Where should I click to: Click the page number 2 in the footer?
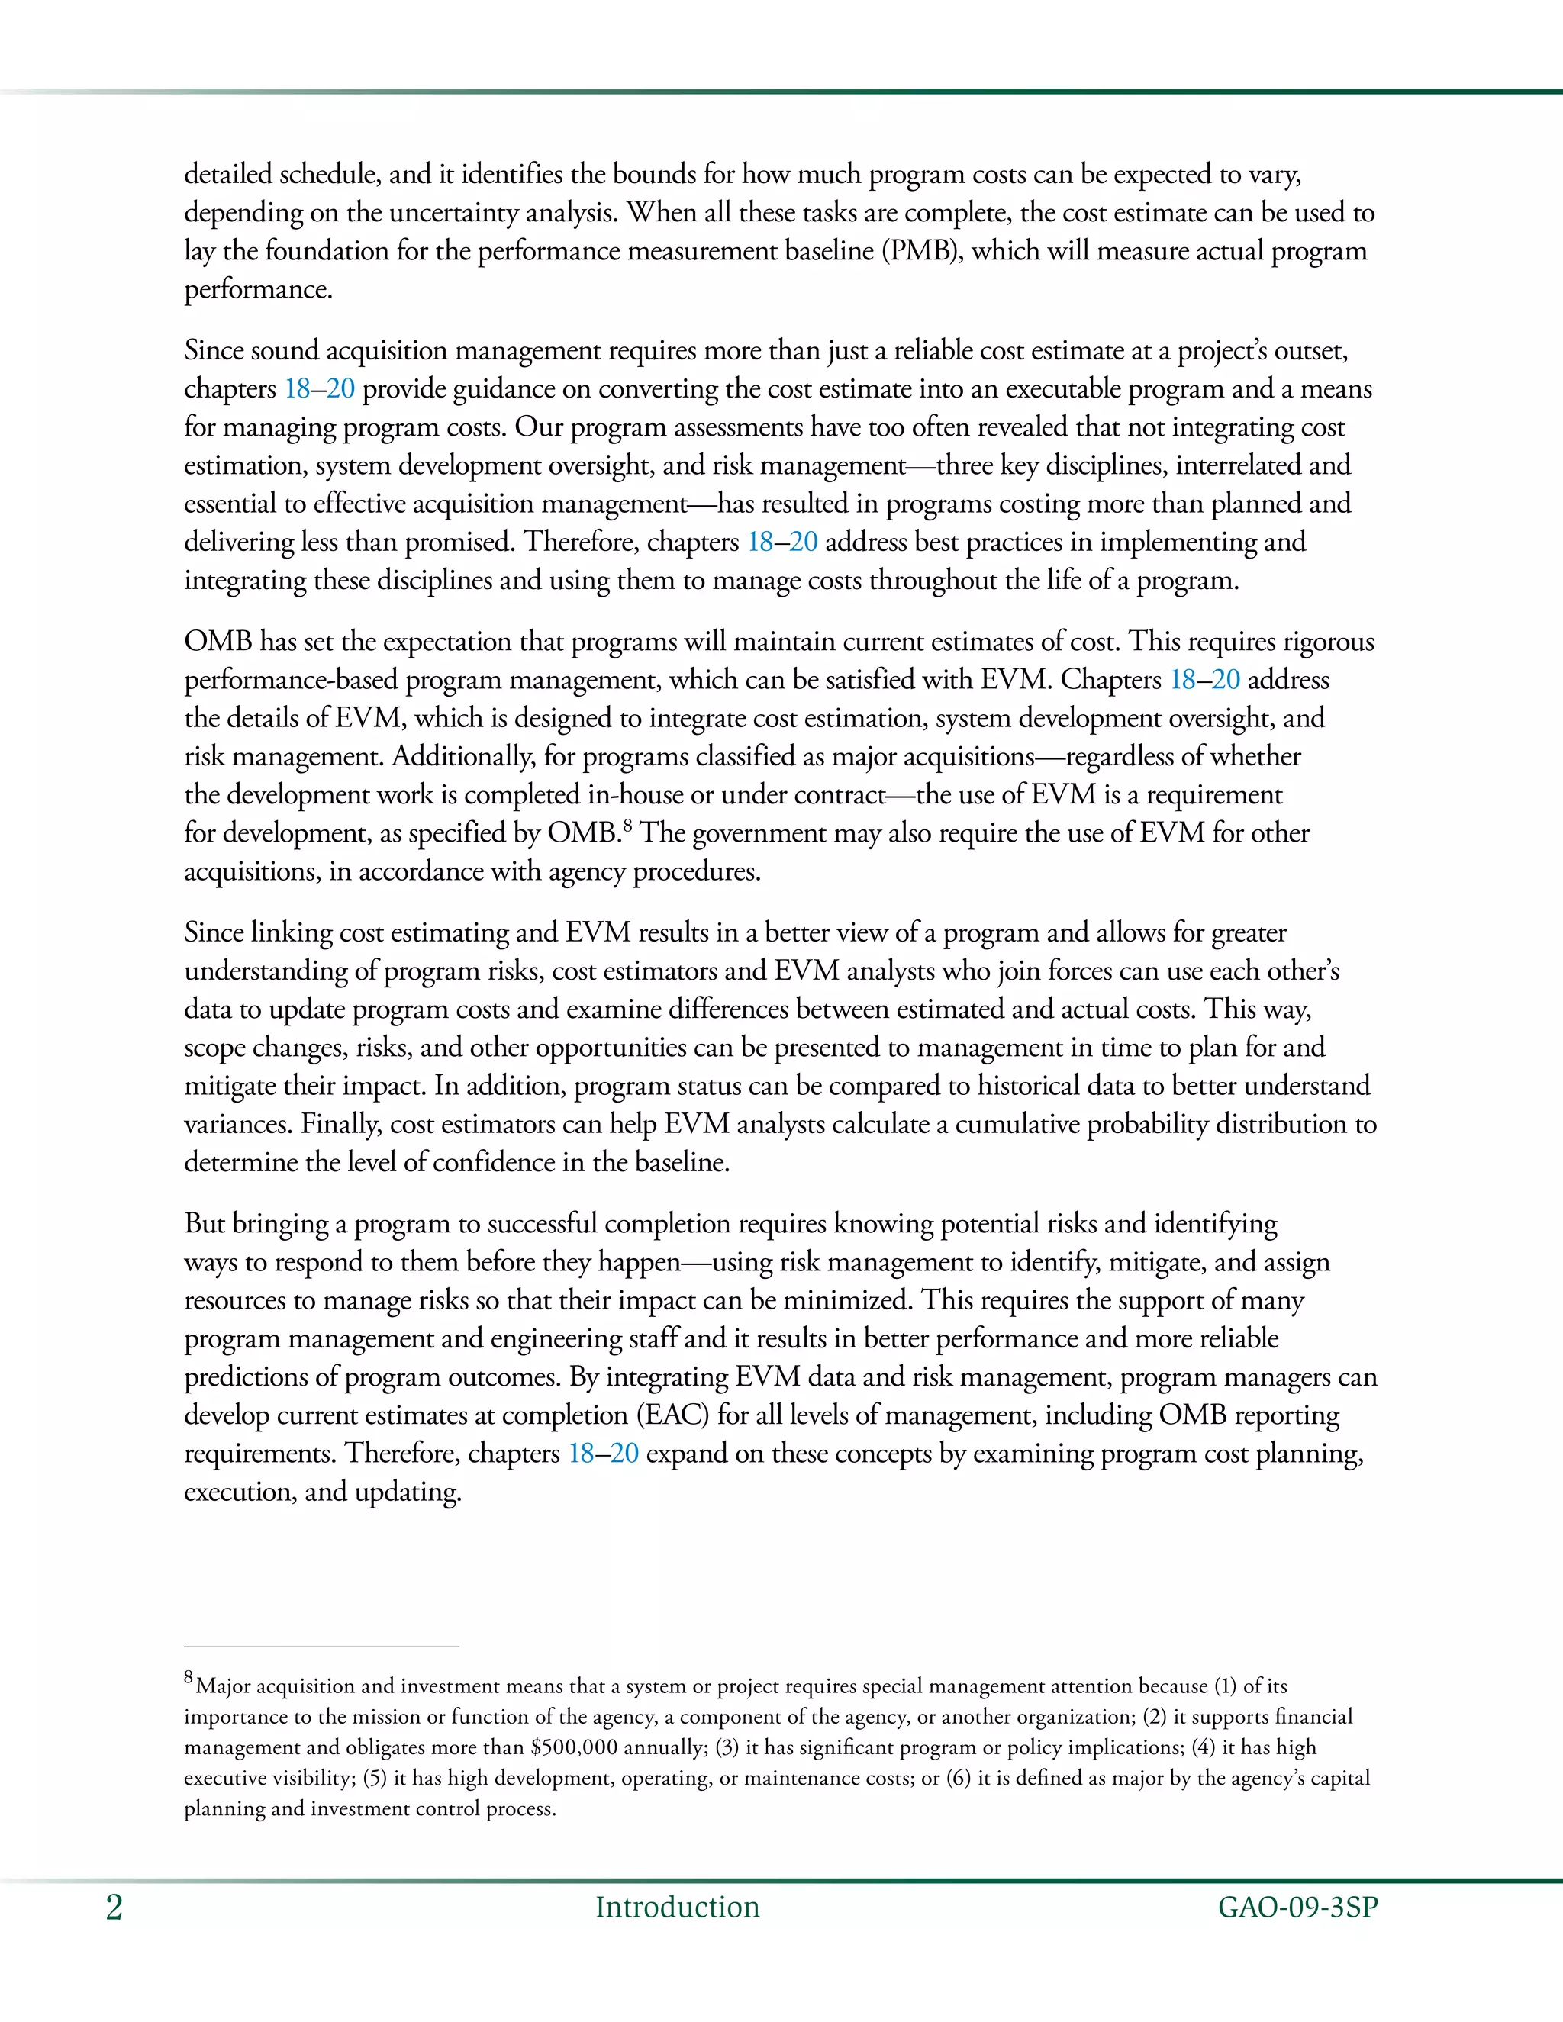pyautogui.click(x=114, y=1908)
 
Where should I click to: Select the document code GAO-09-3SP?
pyautogui.click(x=1297, y=1908)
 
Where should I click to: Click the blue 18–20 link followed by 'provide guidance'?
pyautogui.click(x=320, y=389)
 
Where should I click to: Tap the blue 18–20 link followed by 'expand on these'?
pyautogui.click(x=604, y=1454)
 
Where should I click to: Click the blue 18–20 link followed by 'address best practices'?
pyautogui.click(x=782, y=542)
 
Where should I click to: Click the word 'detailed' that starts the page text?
pyautogui.click(x=227, y=174)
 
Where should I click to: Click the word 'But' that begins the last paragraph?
pyautogui.click(x=205, y=1224)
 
